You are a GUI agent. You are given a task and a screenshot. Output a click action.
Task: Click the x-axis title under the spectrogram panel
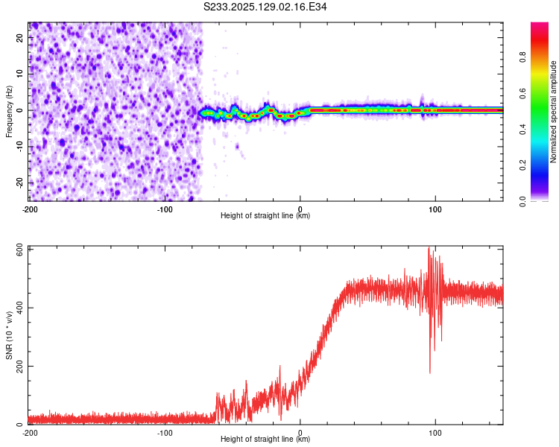pos(265,215)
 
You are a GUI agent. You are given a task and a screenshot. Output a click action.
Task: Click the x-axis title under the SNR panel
pos(265,439)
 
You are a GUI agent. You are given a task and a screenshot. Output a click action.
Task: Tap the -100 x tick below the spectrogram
pos(164,209)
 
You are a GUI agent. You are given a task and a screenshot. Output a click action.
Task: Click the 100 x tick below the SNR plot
pos(435,432)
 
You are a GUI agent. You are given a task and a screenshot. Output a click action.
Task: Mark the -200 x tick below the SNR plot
pos(30,432)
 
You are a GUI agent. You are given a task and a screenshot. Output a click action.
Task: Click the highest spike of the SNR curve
pos(429,248)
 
